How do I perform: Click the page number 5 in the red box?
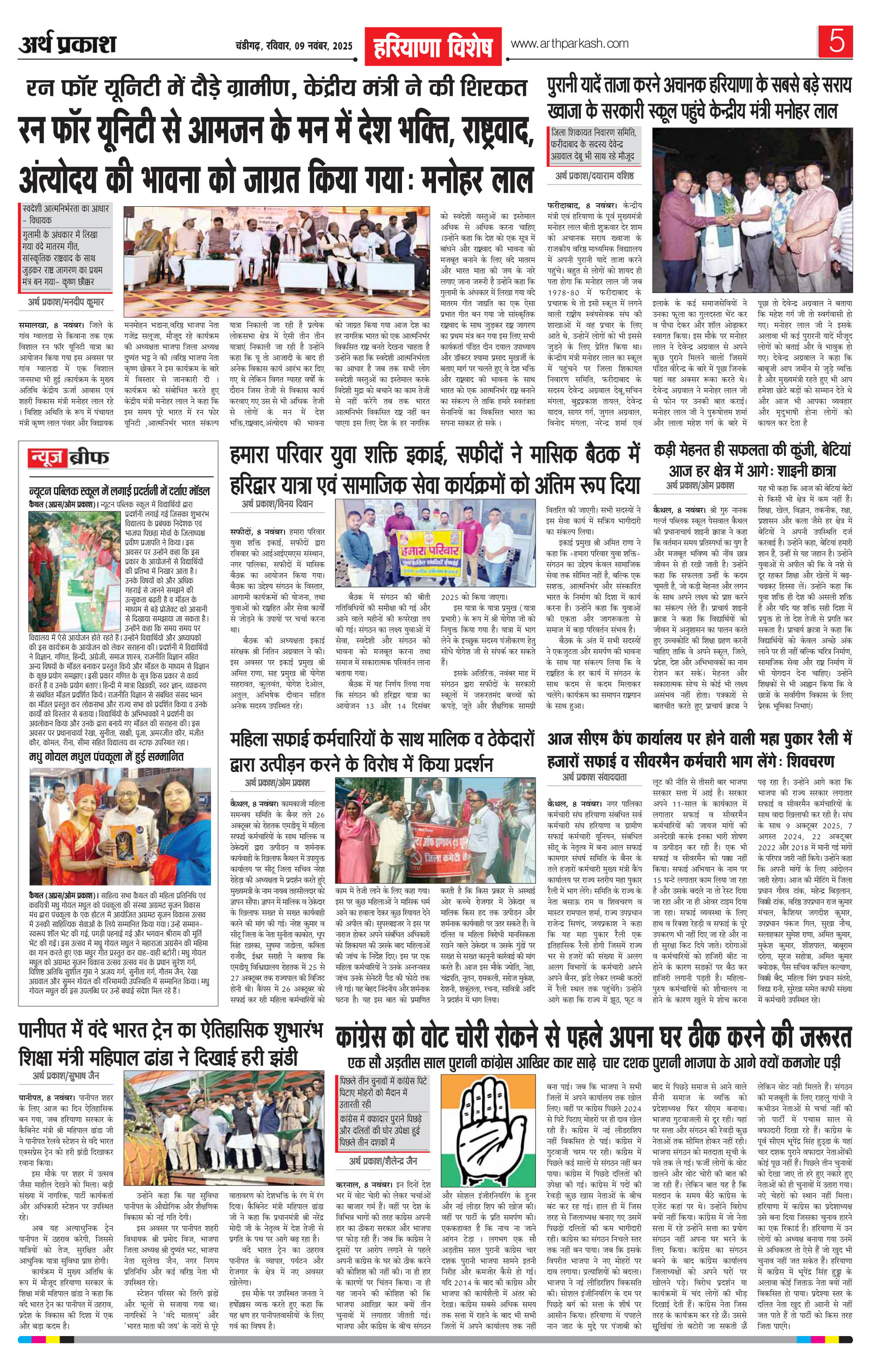(x=836, y=41)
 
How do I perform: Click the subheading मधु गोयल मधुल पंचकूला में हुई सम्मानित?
(x=107, y=757)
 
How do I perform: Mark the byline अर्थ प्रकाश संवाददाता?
(x=594, y=777)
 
